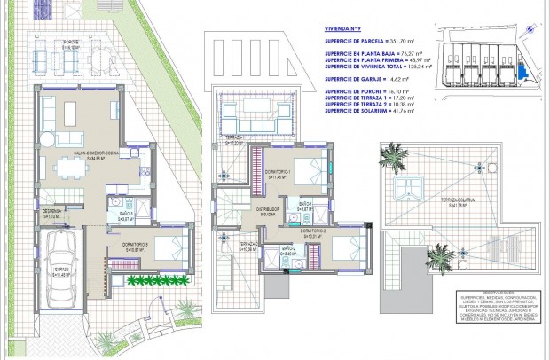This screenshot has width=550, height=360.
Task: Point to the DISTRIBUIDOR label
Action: (x=270, y=210)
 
